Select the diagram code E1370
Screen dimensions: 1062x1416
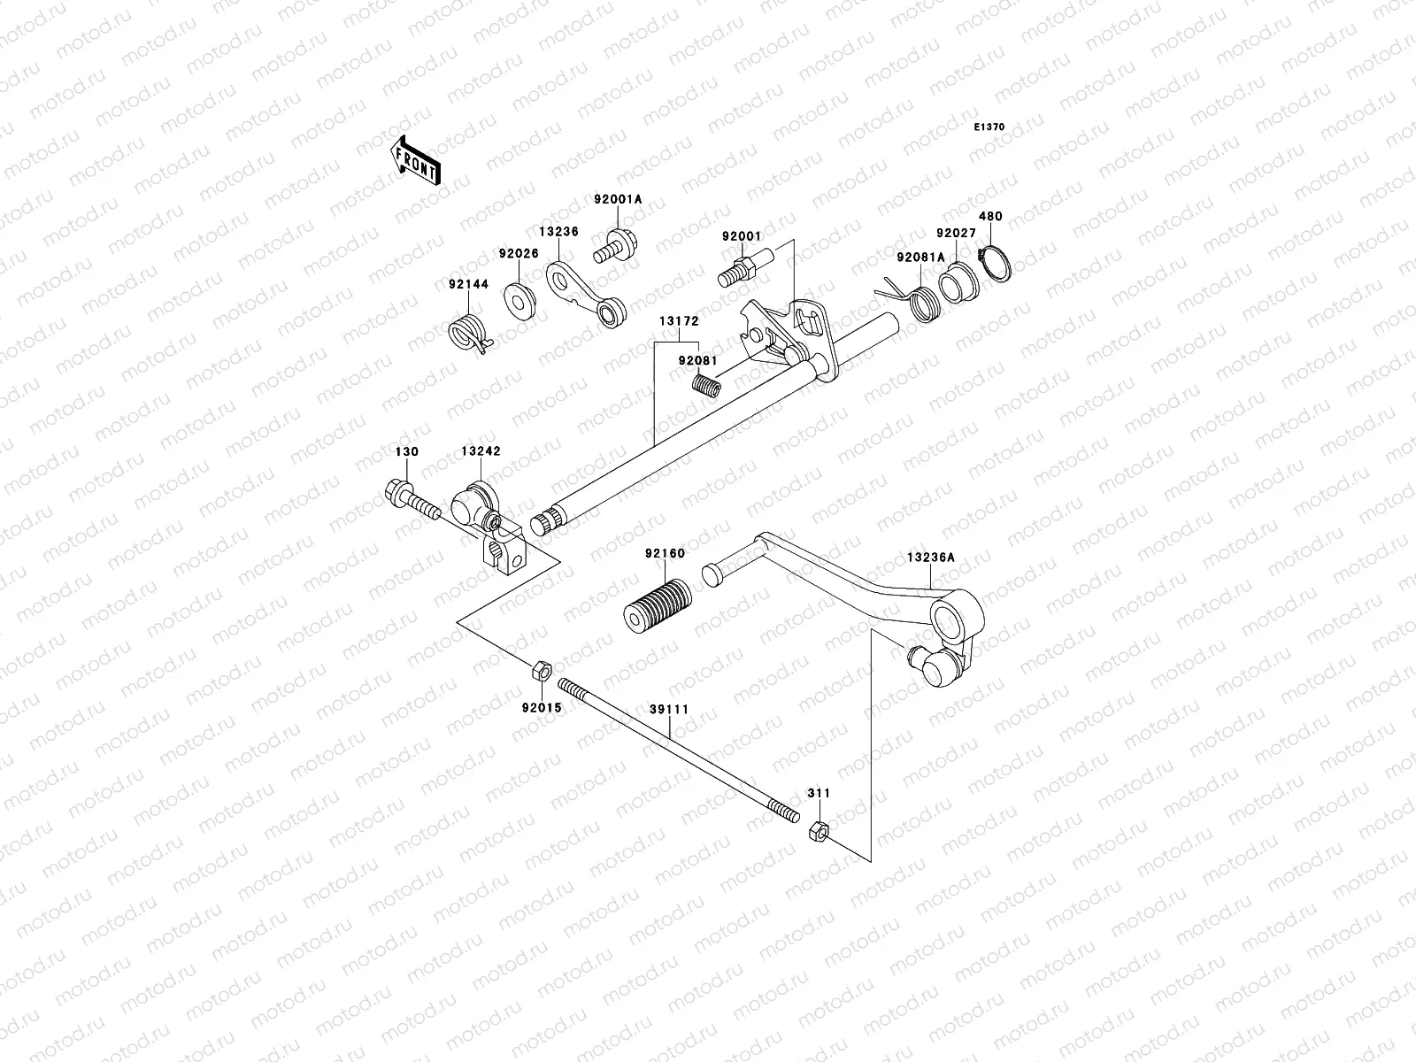click(x=989, y=127)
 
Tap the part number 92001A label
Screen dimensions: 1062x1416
click(x=618, y=200)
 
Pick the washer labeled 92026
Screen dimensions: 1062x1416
click(x=519, y=300)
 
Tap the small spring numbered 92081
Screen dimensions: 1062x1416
click(x=706, y=386)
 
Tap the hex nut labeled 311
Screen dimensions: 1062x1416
click(x=819, y=832)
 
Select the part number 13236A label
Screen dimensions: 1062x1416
click(x=930, y=558)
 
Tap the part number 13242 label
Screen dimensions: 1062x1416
click(x=481, y=451)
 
